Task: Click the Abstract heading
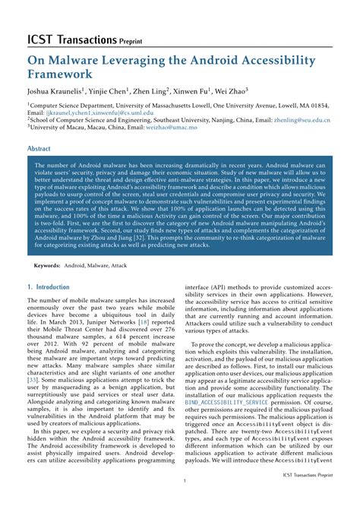(39, 150)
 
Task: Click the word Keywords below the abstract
(46, 266)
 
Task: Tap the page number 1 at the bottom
(184, 482)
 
